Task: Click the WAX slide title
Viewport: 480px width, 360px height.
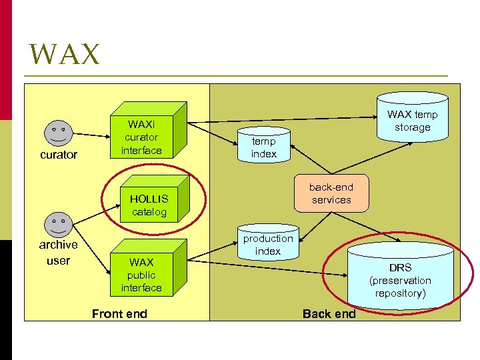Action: pyautogui.click(x=65, y=55)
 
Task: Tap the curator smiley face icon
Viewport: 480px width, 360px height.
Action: pyautogui.click(x=59, y=133)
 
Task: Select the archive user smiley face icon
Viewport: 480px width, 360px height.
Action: pyautogui.click(x=59, y=224)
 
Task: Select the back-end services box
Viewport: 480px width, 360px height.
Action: pyautogui.click(x=331, y=193)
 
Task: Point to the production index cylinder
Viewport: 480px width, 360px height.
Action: pyautogui.click(x=268, y=244)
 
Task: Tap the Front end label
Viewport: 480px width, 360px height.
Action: pyautogui.click(x=119, y=313)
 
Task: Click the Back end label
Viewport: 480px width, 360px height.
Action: pyautogui.click(x=329, y=313)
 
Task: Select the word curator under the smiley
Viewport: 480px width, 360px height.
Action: pyautogui.click(x=59, y=155)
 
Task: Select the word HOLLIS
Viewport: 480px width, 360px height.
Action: pyautogui.click(x=149, y=199)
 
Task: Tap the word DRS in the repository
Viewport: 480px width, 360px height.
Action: pyautogui.click(x=401, y=267)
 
